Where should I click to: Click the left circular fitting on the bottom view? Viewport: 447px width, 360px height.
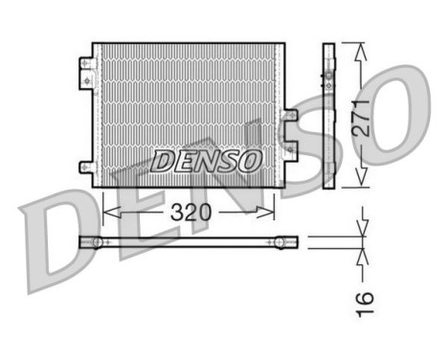tap(97, 241)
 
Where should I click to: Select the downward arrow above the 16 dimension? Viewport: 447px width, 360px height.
tap(362, 228)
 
